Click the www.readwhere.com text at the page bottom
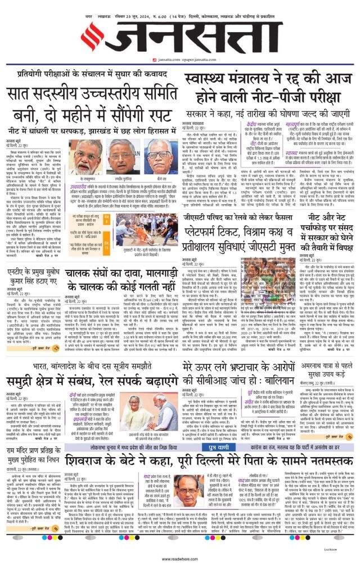pos(180,559)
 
